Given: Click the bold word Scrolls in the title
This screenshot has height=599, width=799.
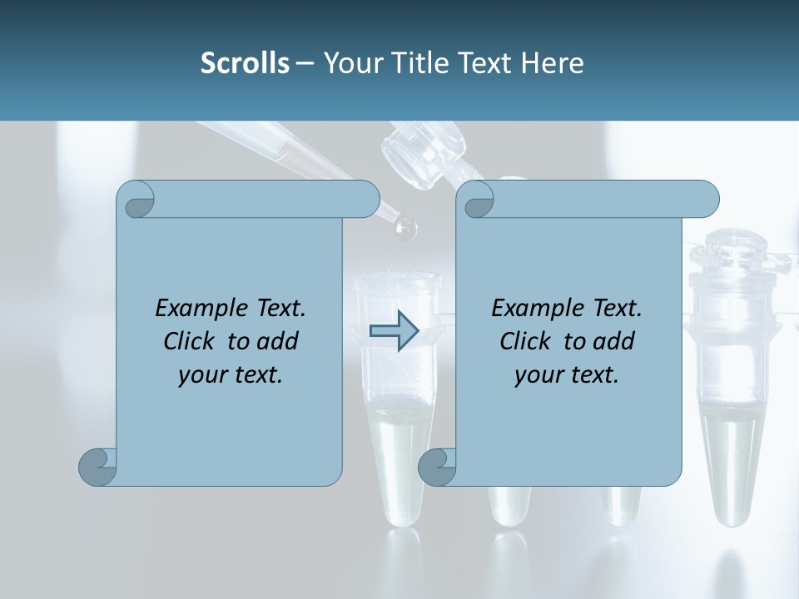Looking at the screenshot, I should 245,63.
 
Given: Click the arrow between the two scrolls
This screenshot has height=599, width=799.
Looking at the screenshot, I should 393,331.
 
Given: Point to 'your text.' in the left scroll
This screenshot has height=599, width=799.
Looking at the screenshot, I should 230,374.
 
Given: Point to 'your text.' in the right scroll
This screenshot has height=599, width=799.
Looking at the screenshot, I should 566,374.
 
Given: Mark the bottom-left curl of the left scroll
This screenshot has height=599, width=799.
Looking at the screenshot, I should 98,467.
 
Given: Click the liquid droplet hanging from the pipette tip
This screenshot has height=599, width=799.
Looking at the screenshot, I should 405,229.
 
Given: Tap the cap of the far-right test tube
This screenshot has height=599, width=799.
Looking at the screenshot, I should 734,245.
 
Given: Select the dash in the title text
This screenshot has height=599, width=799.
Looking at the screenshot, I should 305,64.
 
